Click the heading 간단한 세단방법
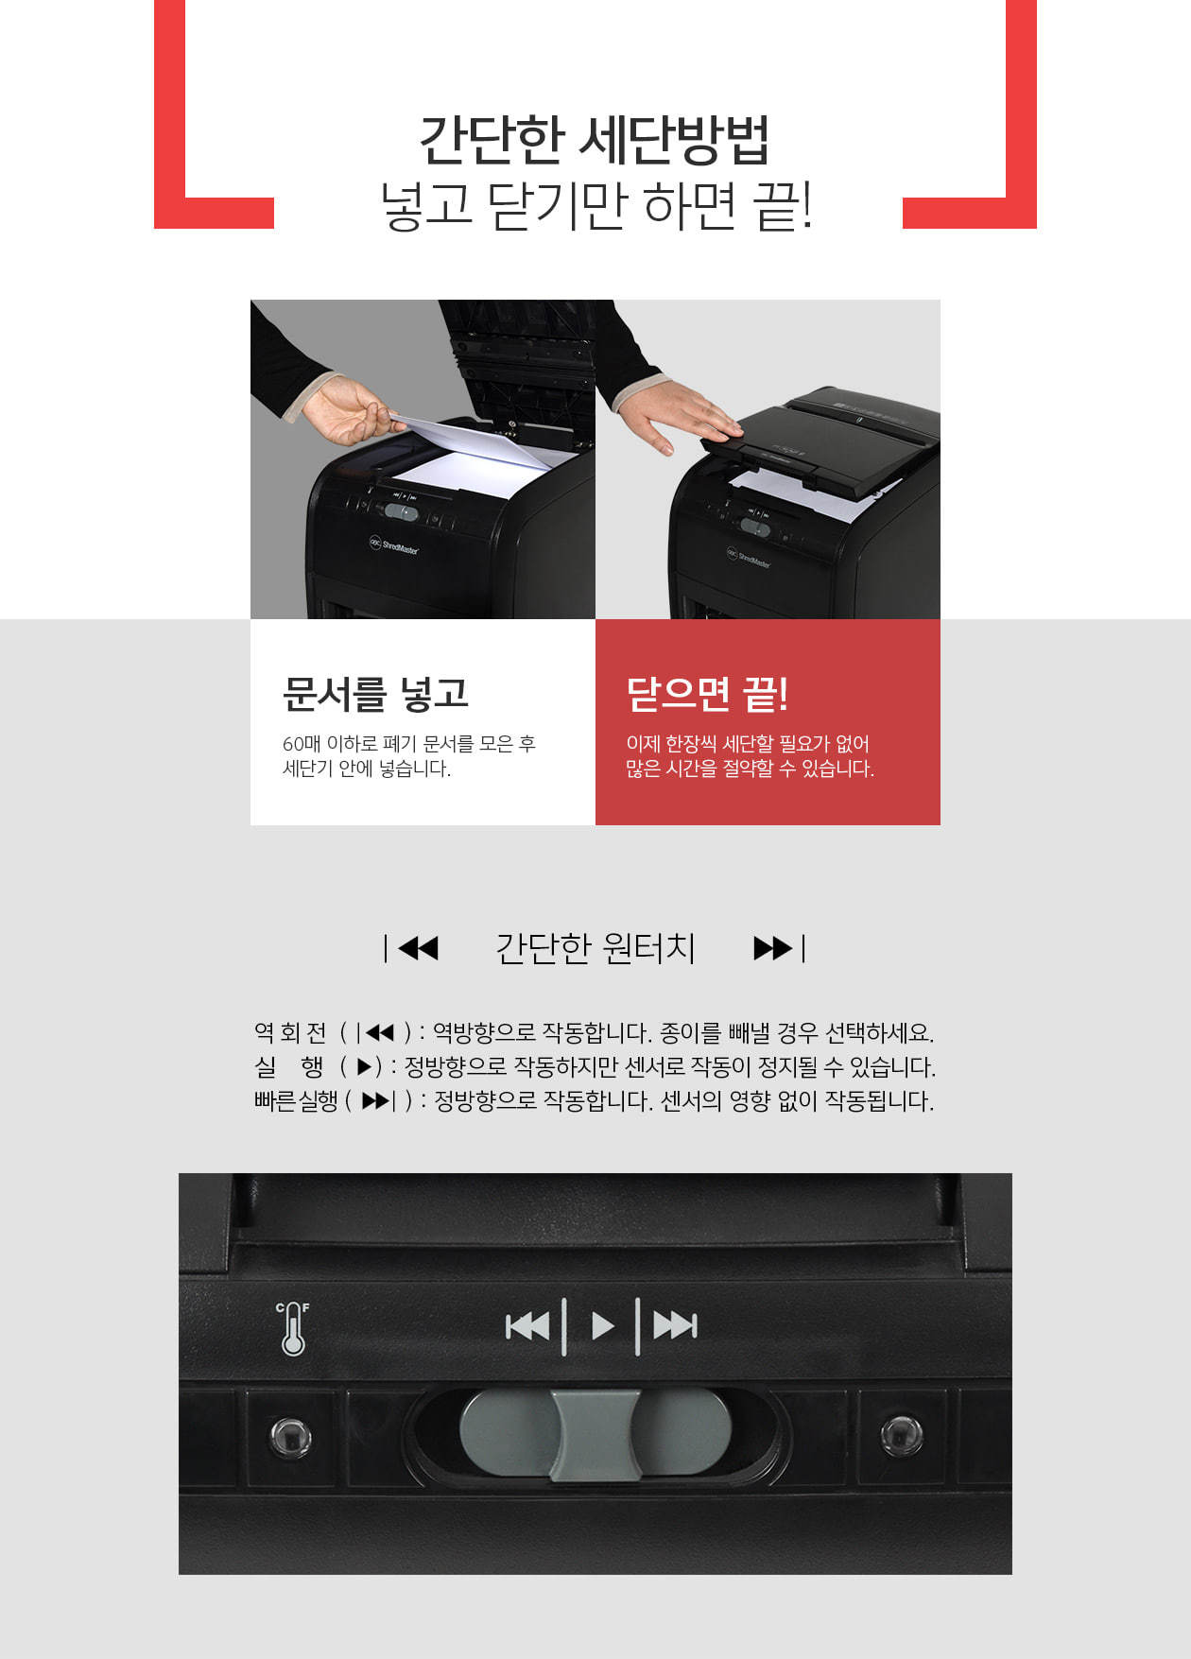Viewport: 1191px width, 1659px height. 595,140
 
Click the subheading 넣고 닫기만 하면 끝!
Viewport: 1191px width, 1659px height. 595,206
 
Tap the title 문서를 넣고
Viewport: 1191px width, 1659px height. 375,694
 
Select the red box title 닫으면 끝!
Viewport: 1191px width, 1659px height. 707,694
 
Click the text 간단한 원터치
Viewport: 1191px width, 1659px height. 595,947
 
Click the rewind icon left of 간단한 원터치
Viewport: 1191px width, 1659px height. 411,947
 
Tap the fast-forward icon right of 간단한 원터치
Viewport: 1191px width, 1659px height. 779,947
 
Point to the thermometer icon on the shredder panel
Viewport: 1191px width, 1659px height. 293,1328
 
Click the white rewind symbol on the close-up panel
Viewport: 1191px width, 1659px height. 527,1326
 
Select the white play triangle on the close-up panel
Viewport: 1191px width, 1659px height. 602,1326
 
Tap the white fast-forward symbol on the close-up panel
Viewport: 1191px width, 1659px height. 675,1326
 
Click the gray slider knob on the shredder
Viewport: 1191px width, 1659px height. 595,1434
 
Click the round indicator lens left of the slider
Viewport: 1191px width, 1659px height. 289,1436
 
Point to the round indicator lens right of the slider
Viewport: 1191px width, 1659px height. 901,1434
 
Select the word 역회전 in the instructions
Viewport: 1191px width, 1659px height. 290,1032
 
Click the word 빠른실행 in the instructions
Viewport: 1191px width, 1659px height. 296,1101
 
